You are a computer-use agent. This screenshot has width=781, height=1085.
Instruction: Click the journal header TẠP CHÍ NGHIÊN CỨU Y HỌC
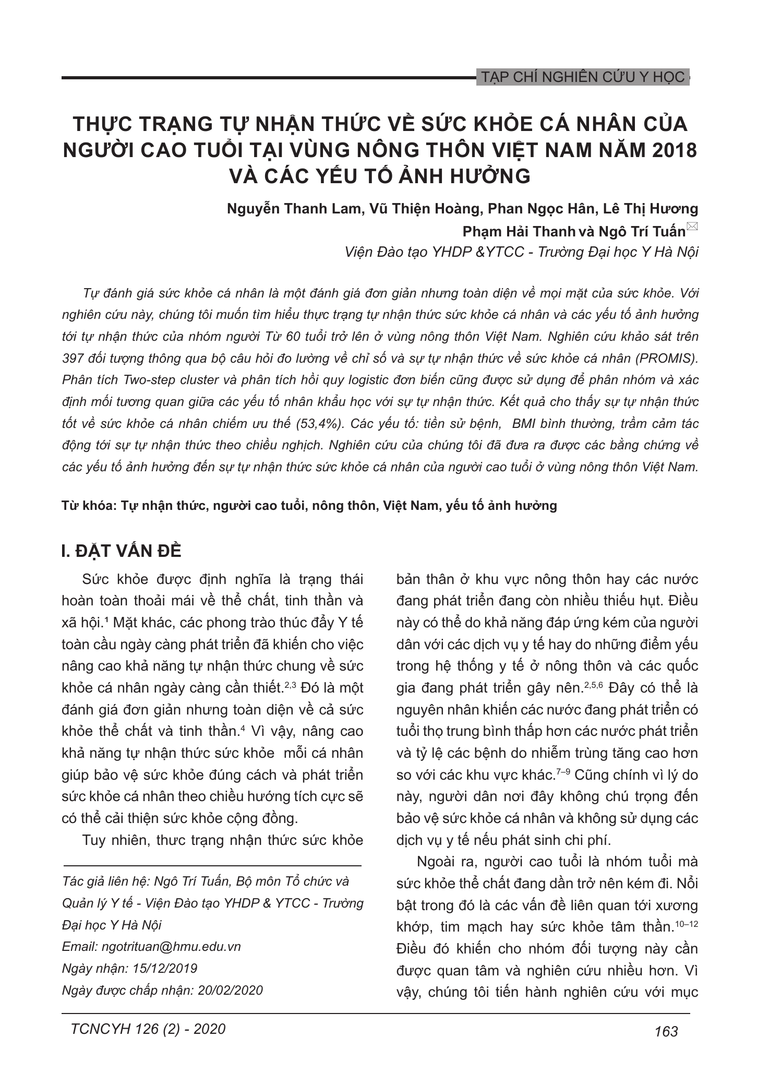(582, 77)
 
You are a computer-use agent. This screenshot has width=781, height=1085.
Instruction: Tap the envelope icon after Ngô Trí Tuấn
(693, 226)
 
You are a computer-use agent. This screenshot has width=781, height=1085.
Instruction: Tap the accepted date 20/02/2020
(230, 991)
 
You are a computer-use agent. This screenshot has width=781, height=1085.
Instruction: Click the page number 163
(666, 1031)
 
